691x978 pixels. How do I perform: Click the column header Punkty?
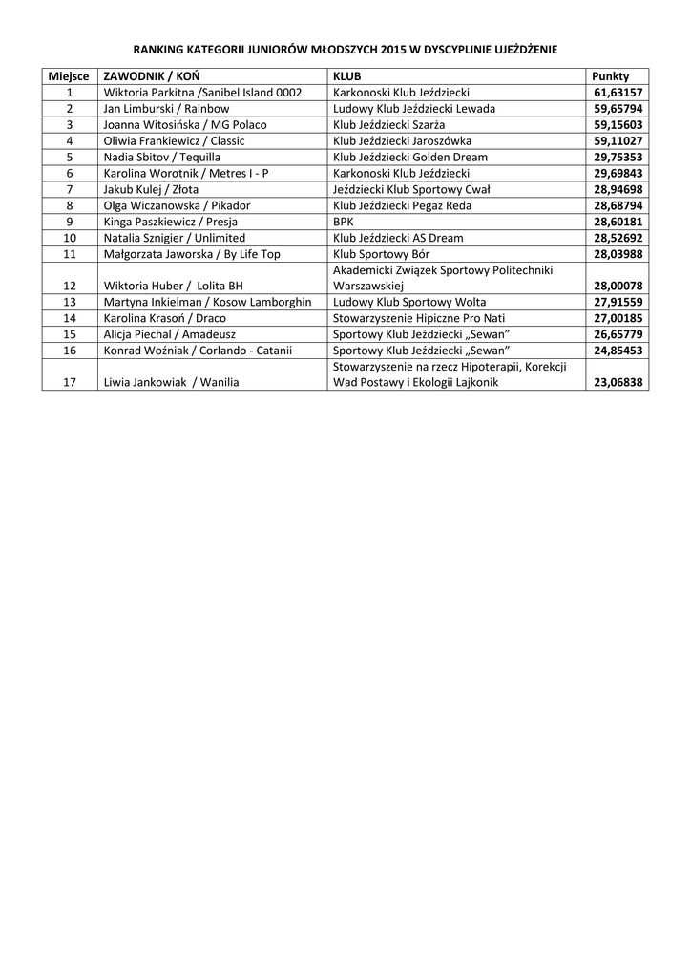click(611, 76)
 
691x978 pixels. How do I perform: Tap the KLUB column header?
click(346, 76)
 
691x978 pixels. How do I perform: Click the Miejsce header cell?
click(69, 76)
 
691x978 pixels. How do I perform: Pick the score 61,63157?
click(618, 93)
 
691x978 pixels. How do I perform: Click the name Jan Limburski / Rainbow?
click(166, 109)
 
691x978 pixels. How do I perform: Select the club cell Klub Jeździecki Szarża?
click(388, 125)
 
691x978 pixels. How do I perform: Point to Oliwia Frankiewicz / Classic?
click(174, 141)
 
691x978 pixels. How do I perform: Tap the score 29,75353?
click(618, 158)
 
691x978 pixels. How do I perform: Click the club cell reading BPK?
click(343, 222)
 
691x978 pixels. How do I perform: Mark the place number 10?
click(70, 238)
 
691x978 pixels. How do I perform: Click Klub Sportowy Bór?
click(381, 254)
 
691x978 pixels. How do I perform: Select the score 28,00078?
click(618, 286)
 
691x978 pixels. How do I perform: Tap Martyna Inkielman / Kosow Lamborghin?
click(207, 302)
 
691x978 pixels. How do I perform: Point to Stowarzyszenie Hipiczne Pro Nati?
click(419, 318)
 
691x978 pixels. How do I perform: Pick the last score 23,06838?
click(618, 383)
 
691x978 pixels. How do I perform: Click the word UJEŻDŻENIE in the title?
click(520, 48)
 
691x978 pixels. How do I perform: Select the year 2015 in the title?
click(393, 48)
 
